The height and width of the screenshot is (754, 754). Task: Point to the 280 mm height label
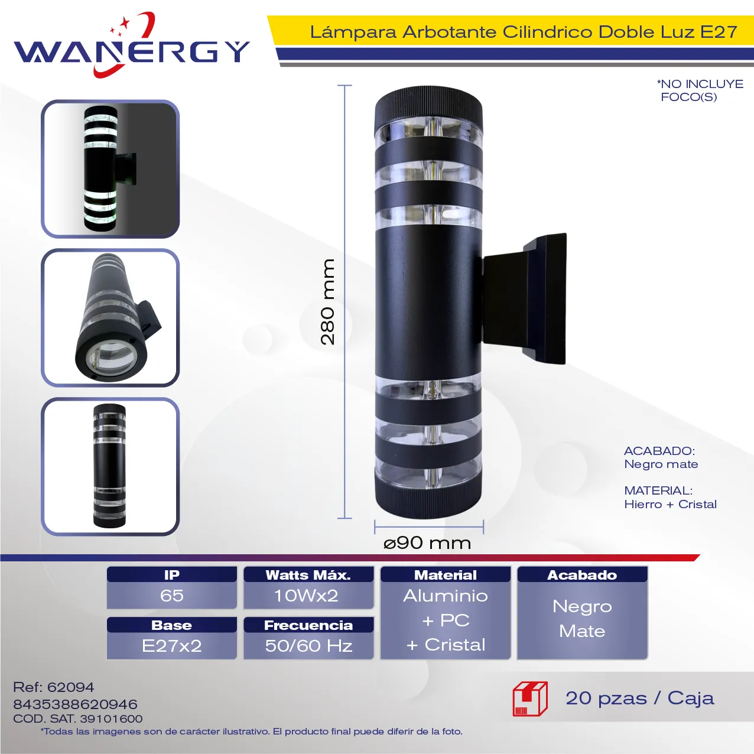[327, 302]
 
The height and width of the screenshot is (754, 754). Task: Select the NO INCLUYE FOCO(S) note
[700, 90]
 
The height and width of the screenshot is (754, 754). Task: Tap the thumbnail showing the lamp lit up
[110, 169]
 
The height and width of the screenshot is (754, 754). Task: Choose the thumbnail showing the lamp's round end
[110, 318]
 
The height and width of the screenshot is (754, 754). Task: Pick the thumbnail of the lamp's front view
[110, 466]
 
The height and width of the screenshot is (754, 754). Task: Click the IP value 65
[172, 596]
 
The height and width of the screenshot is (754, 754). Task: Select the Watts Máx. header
[308, 575]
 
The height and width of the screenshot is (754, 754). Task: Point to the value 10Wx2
[306, 596]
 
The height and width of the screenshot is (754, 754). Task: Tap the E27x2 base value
[172, 646]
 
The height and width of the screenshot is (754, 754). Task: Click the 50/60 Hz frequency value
[308, 646]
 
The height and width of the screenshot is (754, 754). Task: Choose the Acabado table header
[582, 575]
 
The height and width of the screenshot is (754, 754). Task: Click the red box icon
[530, 699]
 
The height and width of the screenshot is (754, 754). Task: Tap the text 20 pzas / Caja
[640, 698]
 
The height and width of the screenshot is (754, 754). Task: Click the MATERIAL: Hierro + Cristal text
[670, 498]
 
